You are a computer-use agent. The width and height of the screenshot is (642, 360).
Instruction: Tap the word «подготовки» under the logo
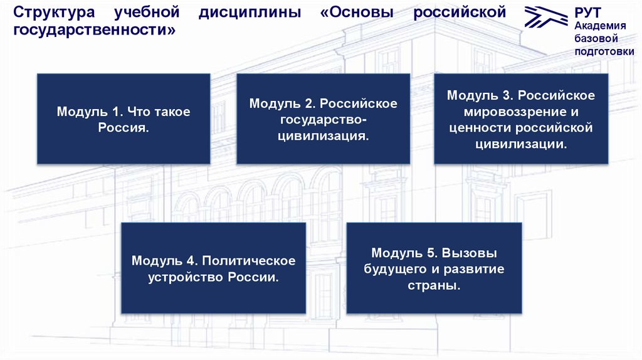click(x=604, y=51)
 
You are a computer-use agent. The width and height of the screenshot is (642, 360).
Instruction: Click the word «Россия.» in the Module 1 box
click(x=124, y=127)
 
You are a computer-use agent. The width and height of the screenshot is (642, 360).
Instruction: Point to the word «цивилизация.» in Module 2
click(x=324, y=135)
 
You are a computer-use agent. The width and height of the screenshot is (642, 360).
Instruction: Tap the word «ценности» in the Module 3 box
click(x=479, y=128)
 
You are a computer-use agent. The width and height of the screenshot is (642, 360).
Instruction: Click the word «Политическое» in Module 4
click(x=249, y=260)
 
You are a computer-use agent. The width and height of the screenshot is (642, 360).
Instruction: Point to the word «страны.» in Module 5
click(x=434, y=285)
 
